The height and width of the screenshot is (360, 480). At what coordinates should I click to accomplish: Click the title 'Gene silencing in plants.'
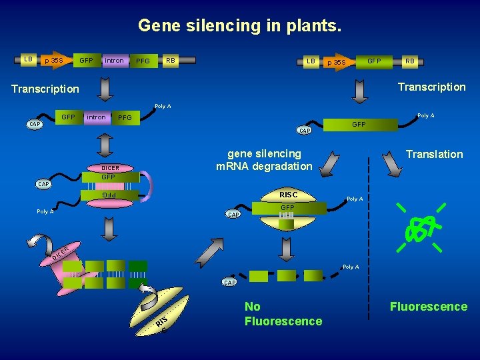(239, 26)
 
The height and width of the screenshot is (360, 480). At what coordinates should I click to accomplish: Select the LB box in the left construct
(28, 59)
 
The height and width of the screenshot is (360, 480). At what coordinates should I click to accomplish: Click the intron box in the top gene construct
(113, 61)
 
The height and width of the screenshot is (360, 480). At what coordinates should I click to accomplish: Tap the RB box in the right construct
(409, 61)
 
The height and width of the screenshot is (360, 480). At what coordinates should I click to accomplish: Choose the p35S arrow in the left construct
(53, 61)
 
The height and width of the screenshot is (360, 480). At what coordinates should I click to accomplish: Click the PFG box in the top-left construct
(143, 61)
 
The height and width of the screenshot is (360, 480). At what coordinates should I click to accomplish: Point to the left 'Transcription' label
(45, 89)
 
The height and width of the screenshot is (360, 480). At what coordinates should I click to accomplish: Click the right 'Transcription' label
(431, 87)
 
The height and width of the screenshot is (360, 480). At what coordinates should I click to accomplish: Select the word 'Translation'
(434, 154)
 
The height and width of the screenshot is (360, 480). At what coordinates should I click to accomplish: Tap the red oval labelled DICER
(110, 168)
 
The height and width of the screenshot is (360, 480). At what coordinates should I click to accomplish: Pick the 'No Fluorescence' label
(283, 314)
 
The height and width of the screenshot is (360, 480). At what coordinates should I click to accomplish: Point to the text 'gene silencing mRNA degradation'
(264, 160)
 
